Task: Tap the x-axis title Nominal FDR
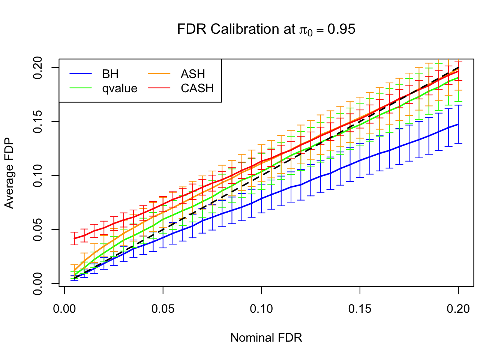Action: coord(266,338)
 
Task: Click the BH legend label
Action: coord(110,74)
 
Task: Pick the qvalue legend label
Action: coord(120,88)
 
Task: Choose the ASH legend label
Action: coord(193,74)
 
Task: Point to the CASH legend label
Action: coord(197,88)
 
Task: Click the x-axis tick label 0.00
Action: coord(64,309)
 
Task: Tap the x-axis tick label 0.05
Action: coord(163,309)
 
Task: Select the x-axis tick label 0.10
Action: coord(261,309)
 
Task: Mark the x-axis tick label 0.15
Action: coord(360,309)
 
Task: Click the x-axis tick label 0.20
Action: coord(458,309)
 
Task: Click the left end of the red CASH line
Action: coord(74,238)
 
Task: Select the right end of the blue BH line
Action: coord(458,124)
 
